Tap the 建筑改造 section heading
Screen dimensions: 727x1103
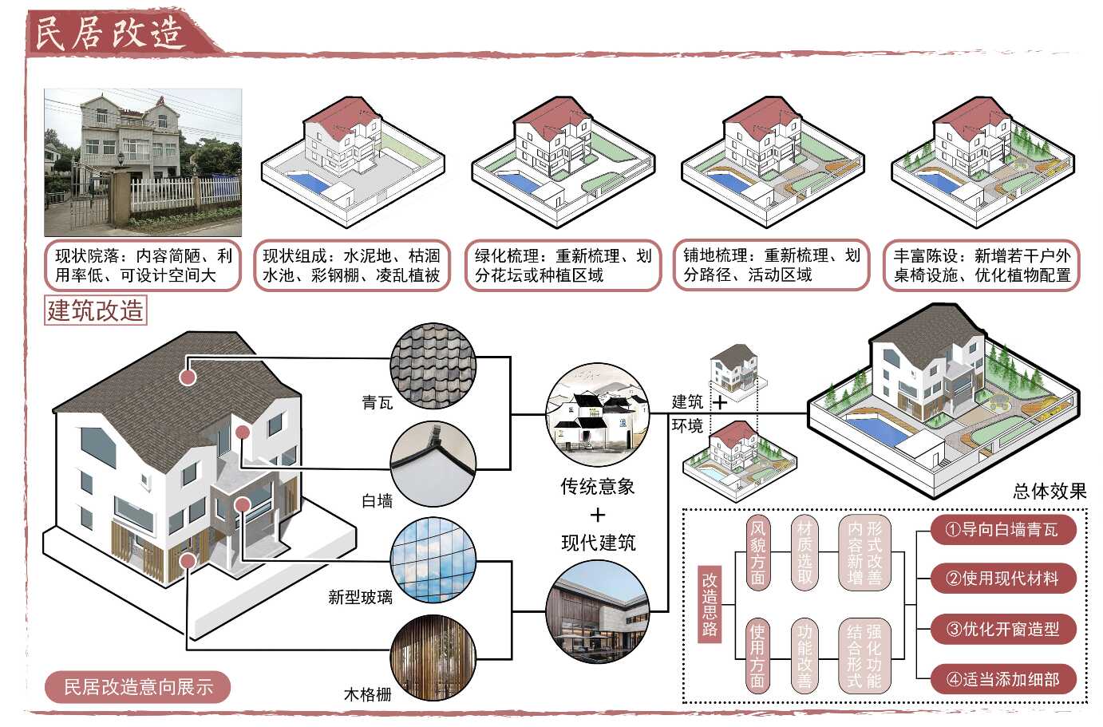96,310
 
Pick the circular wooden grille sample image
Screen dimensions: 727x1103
433,659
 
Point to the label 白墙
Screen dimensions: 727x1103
377,501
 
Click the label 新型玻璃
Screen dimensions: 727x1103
360,597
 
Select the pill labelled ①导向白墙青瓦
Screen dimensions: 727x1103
1002,530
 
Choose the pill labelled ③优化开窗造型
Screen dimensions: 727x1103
1002,629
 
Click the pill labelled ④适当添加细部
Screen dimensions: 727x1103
1002,679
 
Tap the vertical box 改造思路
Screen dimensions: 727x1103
710,603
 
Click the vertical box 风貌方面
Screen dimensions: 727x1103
757,553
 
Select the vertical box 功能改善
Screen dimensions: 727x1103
805,654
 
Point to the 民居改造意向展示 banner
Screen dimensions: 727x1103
138,687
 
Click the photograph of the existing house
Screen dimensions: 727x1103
143,162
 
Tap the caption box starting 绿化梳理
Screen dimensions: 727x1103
563,266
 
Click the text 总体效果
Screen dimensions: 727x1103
1050,492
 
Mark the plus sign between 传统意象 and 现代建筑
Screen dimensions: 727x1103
598,516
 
